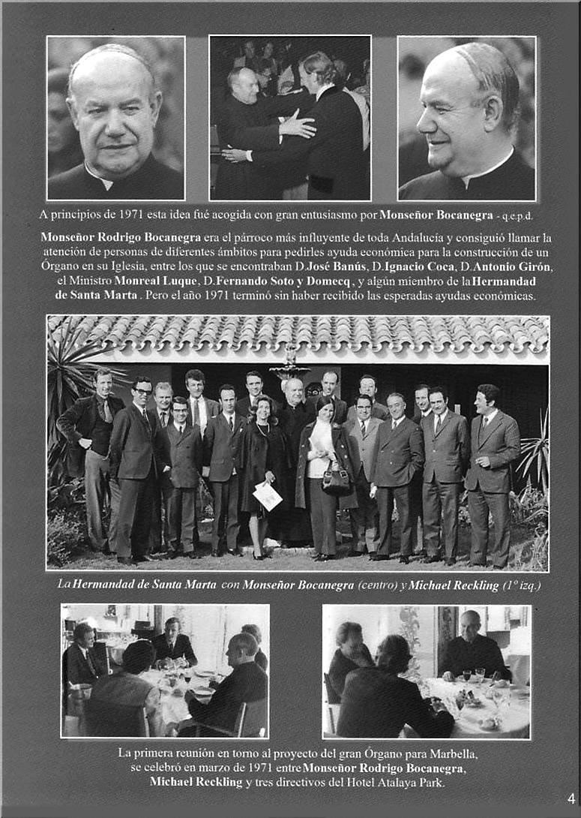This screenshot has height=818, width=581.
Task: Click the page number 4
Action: [x=571, y=798]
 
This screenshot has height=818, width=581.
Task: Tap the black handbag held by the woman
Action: [x=335, y=477]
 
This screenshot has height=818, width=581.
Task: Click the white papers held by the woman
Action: [x=268, y=495]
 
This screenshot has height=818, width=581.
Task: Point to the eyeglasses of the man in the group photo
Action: [x=142, y=392]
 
